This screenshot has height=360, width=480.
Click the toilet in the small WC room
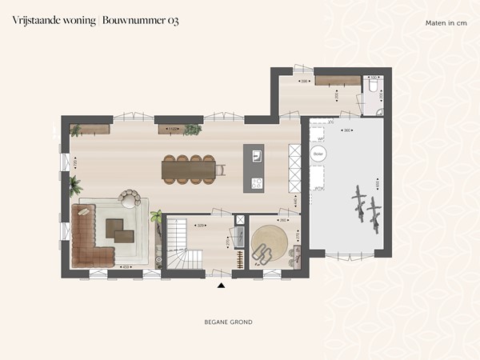[x=374, y=86]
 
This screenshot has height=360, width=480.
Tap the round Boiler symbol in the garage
[x=318, y=154]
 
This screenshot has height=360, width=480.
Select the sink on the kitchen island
[x=257, y=153]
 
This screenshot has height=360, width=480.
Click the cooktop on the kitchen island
[x=257, y=182]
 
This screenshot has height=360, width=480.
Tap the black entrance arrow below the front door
[x=222, y=283]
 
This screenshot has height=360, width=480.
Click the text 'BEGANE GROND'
[x=229, y=322]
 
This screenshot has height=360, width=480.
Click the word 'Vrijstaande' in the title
[x=35, y=21]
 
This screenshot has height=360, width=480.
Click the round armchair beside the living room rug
[x=129, y=197]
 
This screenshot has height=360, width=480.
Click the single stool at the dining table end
[x=222, y=169]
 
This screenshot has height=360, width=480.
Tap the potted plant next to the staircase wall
[x=156, y=216]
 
